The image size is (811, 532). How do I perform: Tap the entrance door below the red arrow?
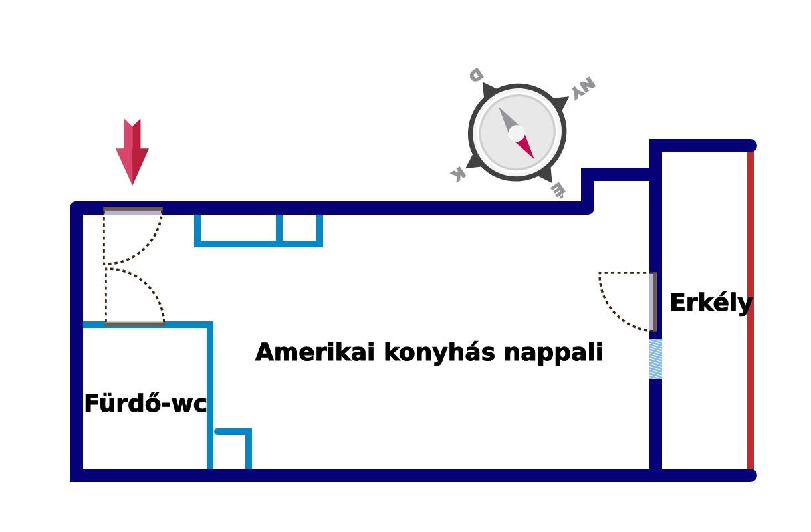tap(133, 211)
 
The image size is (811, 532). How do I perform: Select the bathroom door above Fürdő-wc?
tap(135, 324)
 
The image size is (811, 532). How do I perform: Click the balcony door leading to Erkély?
tap(653, 301)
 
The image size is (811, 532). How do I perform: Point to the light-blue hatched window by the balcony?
tap(655, 359)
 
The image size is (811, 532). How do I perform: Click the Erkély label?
tap(711, 303)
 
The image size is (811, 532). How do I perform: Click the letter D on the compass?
tap(476, 74)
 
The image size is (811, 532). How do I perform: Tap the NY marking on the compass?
tap(583, 88)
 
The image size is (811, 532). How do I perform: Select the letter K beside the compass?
tap(457, 175)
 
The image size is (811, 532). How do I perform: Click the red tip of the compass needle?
tap(526, 148)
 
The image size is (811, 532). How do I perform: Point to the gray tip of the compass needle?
tap(508, 120)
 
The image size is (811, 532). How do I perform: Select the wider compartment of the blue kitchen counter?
tap(238, 229)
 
